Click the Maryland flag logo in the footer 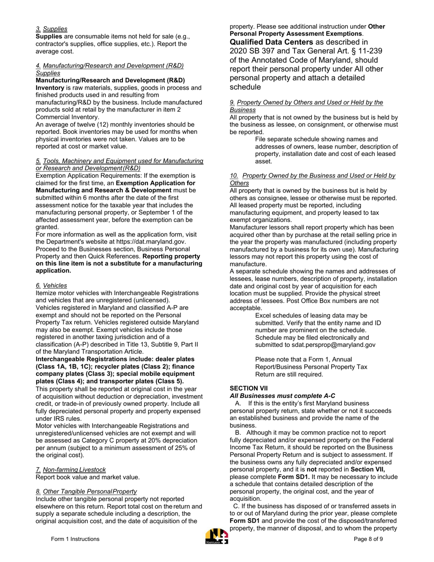point(217,536)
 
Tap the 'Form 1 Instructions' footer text point(75,539)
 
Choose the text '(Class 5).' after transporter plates point(168,381)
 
